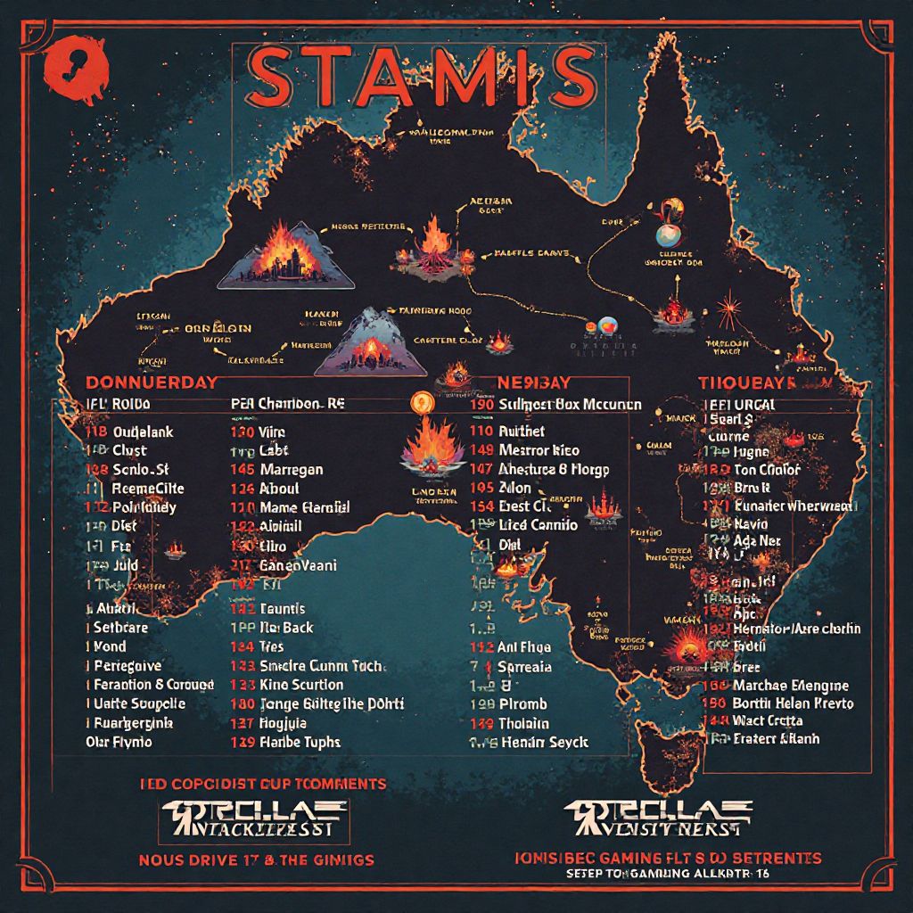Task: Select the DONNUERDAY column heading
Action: [152, 382]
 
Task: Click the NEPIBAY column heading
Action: [522, 382]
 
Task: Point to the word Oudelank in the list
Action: [143, 432]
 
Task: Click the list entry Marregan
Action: [292, 470]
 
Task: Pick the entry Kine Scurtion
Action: [301, 685]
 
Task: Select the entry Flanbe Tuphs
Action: [300, 742]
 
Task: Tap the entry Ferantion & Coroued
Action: [153, 685]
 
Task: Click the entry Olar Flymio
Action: [119, 742]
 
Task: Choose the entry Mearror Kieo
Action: [539, 450]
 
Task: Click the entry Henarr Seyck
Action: [544, 742]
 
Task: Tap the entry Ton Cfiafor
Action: [767, 470]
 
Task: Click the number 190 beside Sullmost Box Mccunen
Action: [481, 404]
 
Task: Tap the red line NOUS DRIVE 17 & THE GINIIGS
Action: [256, 860]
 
